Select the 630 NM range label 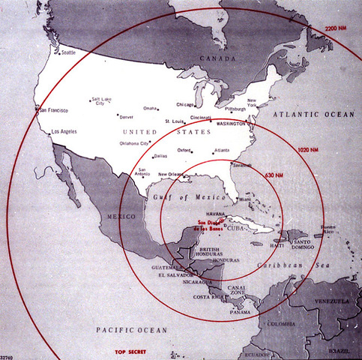click(274, 174)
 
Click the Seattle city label click(67, 52)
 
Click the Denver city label click(126, 117)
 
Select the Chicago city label click(184, 105)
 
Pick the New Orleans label click(173, 175)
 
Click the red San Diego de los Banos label click(211, 224)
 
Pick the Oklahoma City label click(133, 143)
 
